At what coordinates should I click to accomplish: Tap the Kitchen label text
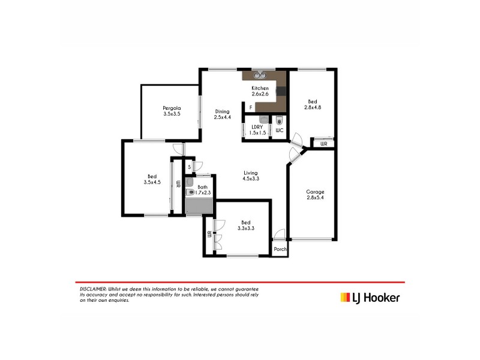260,88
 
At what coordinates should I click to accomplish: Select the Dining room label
223,111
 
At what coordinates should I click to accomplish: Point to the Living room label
251,172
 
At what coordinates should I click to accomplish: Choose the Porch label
280,250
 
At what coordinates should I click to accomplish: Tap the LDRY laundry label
257,127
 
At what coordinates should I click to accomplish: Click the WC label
279,130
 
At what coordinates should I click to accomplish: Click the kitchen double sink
261,76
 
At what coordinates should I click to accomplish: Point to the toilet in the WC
279,119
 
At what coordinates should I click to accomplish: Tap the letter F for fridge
251,107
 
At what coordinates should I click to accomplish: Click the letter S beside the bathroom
189,167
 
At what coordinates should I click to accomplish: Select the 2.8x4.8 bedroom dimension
315,109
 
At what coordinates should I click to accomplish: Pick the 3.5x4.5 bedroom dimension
152,182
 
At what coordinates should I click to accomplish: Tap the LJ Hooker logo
370,297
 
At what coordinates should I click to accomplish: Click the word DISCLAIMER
93,289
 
